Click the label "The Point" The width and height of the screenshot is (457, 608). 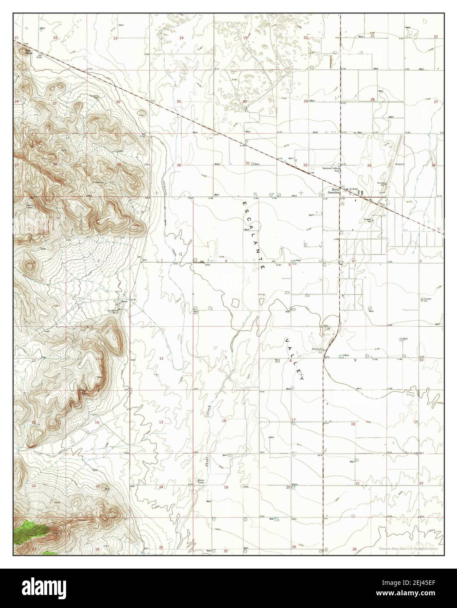(x=28, y=52)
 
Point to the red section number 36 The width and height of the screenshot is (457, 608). (x=179, y=165)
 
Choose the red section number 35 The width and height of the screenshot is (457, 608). (x=119, y=164)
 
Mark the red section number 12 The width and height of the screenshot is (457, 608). (x=161, y=358)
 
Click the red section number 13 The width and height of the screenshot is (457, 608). (x=161, y=422)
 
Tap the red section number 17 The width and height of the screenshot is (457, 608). (x=294, y=420)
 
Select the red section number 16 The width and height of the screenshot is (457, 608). (x=352, y=424)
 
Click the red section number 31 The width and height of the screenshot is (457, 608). (x=248, y=163)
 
